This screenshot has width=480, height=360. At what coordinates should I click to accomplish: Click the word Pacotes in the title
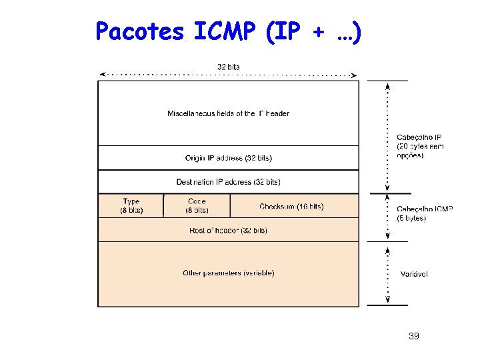[x=139, y=31]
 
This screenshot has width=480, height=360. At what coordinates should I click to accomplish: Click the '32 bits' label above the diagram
[x=229, y=66]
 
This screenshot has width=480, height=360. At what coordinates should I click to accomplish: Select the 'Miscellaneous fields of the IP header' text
[x=229, y=113]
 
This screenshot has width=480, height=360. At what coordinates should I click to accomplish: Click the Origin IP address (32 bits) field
[x=229, y=158]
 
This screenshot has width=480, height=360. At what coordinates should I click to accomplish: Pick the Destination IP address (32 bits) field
[x=229, y=181]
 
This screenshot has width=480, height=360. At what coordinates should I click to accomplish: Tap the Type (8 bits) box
[x=131, y=205]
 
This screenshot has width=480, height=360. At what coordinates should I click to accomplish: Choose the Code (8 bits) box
[x=197, y=205]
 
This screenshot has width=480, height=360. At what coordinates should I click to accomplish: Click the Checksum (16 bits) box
[x=291, y=207]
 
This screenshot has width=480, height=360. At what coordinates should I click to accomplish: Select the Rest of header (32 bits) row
[x=229, y=230]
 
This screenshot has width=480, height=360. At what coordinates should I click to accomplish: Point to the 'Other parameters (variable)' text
[x=229, y=273]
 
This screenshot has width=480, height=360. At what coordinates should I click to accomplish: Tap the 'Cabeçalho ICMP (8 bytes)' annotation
[x=425, y=213]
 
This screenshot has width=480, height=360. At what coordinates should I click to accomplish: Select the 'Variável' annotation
[x=414, y=274]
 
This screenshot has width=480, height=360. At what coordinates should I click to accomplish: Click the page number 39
[x=413, y=336]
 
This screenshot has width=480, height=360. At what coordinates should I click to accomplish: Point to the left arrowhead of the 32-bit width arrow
[x=101, y=74]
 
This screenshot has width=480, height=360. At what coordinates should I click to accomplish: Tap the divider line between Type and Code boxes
[x=163, y=205]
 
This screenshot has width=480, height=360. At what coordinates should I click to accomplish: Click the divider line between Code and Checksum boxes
[x=230, y=205]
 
